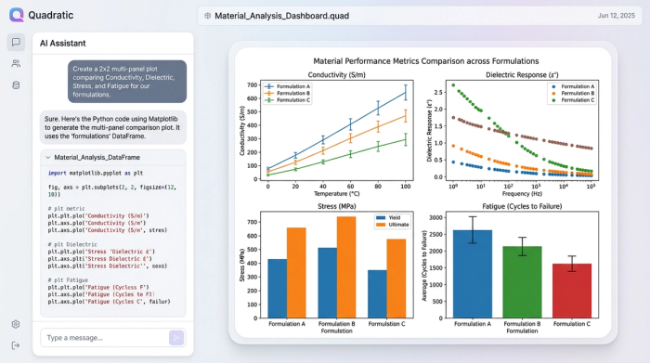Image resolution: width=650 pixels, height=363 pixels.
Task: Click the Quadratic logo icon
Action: point(17,14)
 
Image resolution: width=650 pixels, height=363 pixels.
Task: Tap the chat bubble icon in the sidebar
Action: point(16,42)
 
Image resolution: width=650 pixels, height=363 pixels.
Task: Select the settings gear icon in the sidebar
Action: point(16,324)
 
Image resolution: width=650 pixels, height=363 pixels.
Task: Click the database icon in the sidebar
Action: point(16,85)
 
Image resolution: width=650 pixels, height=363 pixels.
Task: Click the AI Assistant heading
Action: point(63,44)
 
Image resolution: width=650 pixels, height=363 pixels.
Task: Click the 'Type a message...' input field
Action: point(102,338)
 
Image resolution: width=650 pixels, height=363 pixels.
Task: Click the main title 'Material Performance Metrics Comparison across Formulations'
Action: point(426,60)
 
